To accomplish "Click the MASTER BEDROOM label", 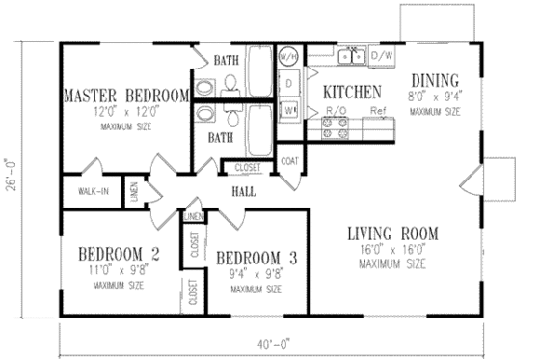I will tap(125, 95).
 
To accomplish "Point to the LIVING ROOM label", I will tap(392, 233).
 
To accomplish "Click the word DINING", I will tap(438, 81).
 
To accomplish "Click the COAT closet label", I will tap(290, 162).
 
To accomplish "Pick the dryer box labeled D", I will tap(288, 84).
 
